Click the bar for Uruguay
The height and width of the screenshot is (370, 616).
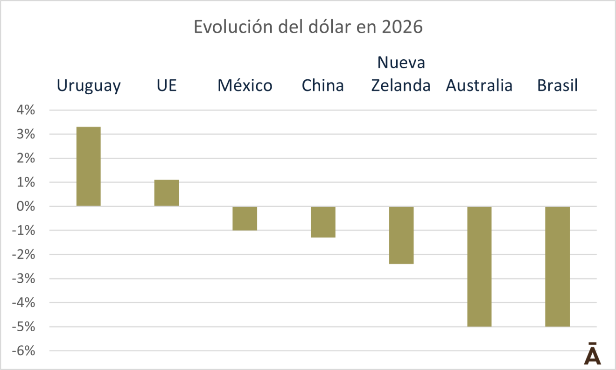89,166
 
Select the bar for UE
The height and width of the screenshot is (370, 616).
167,193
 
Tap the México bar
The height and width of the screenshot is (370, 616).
245,218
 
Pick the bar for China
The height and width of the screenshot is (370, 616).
323,222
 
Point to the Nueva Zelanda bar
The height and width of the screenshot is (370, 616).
401,235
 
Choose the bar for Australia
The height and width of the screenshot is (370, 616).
479,266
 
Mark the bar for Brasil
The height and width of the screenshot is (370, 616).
557,266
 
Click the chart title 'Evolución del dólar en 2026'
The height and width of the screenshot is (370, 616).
308,27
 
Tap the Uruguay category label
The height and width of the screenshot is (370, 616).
89,86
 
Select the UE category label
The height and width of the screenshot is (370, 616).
167,86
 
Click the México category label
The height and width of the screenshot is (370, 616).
245,86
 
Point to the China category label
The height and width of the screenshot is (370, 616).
323,86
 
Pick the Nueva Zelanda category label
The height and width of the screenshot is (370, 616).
401,74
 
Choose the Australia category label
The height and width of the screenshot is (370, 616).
479,86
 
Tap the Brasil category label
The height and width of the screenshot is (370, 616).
557,86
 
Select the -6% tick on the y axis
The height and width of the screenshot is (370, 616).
24,351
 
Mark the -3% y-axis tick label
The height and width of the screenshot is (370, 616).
24,279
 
